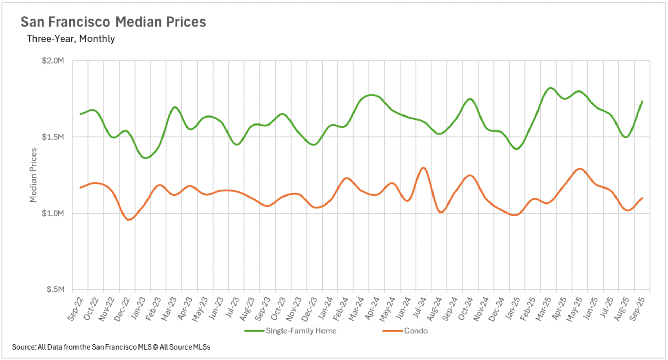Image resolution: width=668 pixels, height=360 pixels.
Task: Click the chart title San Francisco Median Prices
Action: point(113,22)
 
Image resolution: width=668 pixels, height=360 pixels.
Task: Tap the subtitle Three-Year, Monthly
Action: point(71,39)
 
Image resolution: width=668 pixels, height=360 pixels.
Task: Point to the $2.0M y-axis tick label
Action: point(53,61)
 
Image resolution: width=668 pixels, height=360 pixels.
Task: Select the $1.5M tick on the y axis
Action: point(53,137)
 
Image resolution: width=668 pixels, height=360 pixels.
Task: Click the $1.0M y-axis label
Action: point(53,213)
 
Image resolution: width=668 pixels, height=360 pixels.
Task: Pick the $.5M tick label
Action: point(55,289)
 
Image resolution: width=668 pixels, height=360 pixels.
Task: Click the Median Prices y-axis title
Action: point(33,175)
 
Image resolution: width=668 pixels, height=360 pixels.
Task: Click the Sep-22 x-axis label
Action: point(75,309)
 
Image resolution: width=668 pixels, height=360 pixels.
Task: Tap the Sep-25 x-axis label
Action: point(637,309)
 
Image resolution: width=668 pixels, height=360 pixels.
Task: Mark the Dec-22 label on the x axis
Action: point(122,309)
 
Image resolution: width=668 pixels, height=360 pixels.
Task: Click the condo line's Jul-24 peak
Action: point(423,168)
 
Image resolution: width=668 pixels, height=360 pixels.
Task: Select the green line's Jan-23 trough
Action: point(145,158)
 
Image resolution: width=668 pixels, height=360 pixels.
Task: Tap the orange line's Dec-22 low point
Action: point(129,219)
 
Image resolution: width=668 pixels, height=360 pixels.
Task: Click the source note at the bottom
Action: point(111,347)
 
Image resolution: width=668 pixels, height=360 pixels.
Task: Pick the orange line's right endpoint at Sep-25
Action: point(642,198)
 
